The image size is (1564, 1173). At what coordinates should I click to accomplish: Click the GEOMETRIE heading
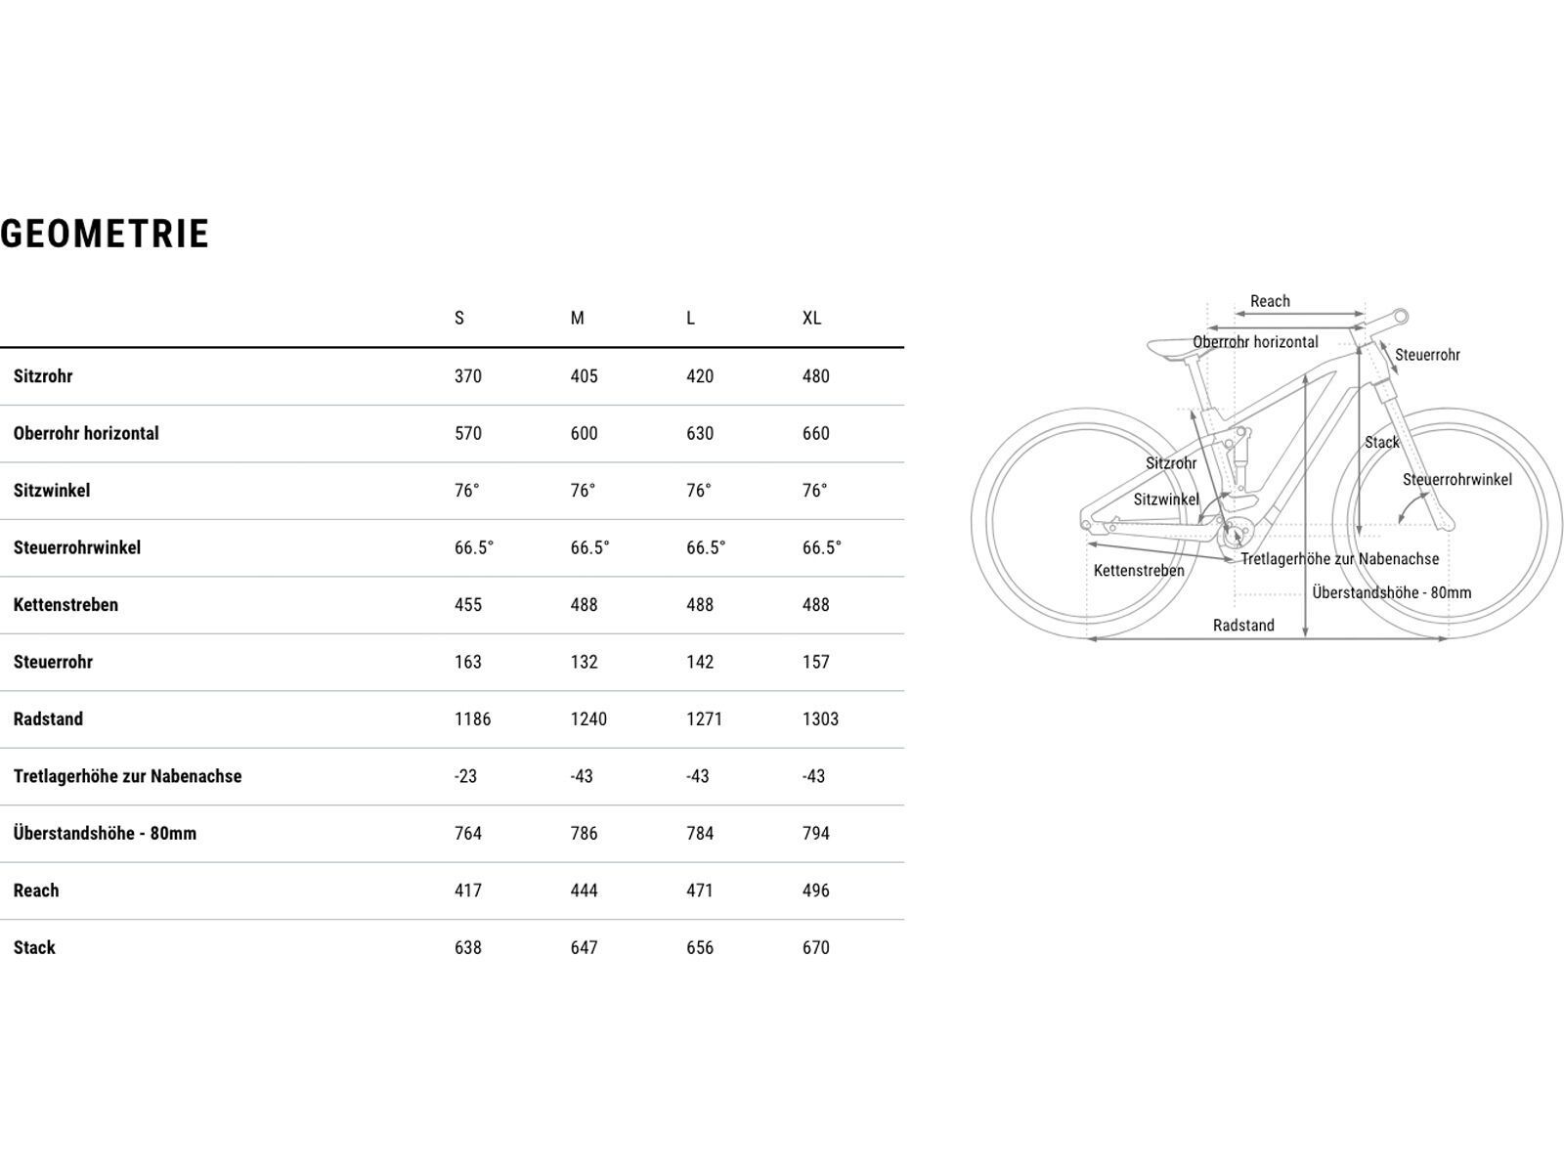click(x=105, y=235)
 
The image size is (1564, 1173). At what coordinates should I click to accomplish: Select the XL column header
click(x=811, y=319)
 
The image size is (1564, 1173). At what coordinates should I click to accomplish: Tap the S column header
click(x=459, y=319)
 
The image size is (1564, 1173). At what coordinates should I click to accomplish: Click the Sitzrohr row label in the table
click(x=43, y=376)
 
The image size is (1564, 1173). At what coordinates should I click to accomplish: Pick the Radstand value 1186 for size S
click(x=472, y=719)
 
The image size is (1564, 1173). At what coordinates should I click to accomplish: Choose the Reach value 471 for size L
click(x=700, y=891)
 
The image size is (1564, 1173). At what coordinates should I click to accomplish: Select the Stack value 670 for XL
click(x=815, y=948)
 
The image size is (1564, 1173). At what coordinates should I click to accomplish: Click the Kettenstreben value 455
click(x=468, y=605)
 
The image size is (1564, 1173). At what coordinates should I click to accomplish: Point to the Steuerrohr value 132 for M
click(x=584, y=662)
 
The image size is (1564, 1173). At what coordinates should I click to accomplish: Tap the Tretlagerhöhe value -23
click(x=465, y=776)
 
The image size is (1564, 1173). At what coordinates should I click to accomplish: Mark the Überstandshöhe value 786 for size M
click(x=584, y=834)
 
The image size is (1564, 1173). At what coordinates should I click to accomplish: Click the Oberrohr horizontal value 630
click(x=700, y=433)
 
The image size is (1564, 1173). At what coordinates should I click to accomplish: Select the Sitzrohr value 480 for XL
click(x=815, y=376)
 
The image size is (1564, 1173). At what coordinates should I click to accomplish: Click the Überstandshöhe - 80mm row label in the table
click(x=105, y=834)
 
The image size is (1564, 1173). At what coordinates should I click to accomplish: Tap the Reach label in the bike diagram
click(x=1270, y=301)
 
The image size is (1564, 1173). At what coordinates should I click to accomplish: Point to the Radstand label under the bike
click(x=1243, y=626)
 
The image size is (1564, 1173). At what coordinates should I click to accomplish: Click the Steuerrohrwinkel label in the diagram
click(x=1456, y=479)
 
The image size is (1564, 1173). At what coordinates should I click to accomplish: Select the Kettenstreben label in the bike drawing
click(x=1139, y=571)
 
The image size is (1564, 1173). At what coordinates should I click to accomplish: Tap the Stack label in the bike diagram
click(x=1381, y=442)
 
